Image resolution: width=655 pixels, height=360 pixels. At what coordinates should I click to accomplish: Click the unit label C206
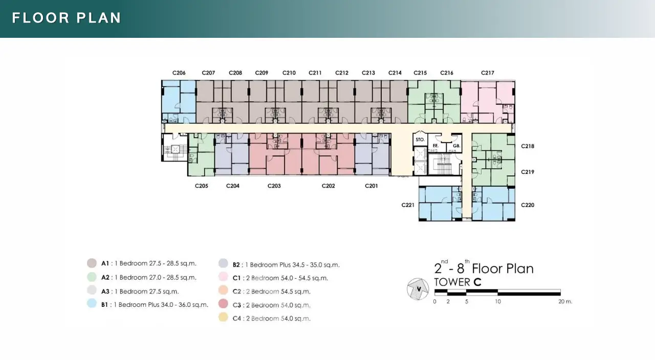click(179, 73)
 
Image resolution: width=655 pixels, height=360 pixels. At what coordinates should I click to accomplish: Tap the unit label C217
click(488, 73)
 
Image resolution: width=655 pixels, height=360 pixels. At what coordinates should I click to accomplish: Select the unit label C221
click(408, 205)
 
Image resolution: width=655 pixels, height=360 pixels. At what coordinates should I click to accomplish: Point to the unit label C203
click(274, 186)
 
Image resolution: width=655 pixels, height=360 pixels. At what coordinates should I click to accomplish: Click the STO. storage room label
click(420, 140)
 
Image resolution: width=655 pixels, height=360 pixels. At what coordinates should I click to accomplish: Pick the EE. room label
click(435, 146)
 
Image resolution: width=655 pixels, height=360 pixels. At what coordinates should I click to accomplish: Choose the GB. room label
click(456, 146)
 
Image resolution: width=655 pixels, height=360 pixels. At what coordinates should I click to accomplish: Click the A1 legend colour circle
click(92, 263)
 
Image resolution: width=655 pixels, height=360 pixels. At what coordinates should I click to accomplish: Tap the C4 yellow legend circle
click(223, 317)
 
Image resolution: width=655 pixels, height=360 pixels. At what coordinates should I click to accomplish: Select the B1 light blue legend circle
click(92, 303)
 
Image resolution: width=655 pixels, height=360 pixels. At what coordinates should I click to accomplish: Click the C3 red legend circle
click(223, 304)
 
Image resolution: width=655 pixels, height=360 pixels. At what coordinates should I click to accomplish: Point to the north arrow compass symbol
click(418, 289)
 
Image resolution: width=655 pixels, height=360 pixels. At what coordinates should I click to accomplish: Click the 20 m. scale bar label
click(565, 301)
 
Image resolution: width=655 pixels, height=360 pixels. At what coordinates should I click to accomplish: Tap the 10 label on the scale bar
click(498, 302)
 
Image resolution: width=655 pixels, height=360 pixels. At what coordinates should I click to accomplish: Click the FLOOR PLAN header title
click(67, 18)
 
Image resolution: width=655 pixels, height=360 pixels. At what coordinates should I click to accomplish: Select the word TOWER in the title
click(452, 282)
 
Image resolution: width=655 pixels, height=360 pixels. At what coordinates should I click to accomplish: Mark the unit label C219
click(528, 172)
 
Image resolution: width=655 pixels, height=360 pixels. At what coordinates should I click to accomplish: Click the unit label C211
click(315, 73)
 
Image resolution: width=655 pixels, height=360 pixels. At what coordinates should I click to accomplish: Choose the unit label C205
click(202, 186)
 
